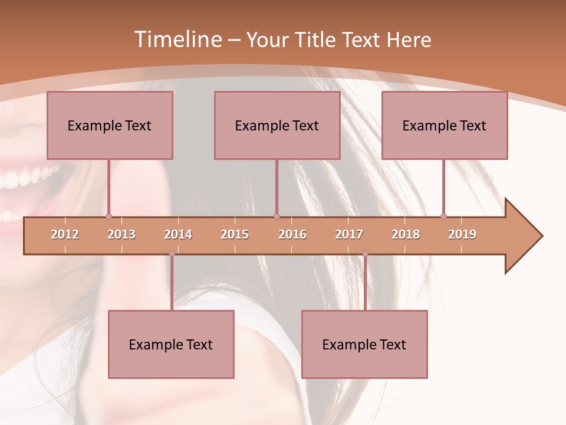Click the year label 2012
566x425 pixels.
click(x=65, y=234)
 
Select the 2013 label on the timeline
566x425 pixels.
click(x=121, y=234)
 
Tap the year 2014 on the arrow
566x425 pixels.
click(x=178, y=234)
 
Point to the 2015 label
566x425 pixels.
click(x=235, y=234)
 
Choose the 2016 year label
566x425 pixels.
click(x=292, y=234)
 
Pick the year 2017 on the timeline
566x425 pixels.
click(x=349, y=234)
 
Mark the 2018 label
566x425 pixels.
click(x=406, y=234)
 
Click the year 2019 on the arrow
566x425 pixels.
click(x=462, y=234)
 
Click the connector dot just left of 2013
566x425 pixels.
click(x=108, y=217)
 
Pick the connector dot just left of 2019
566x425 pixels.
click(x=443, y=217)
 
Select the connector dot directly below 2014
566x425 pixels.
click(x=172, y=254)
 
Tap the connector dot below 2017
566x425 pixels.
click(x=365, y=254)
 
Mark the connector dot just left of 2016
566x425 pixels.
click(x=277, y=217)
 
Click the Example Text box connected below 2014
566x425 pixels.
click(x=171, y=344)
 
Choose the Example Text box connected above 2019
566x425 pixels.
click(x=445, y=125)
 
